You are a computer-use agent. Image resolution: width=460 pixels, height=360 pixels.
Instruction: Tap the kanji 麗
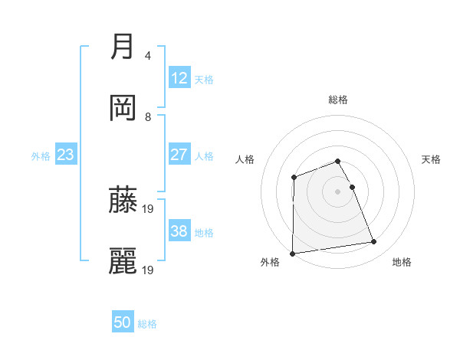[x=122, y=260]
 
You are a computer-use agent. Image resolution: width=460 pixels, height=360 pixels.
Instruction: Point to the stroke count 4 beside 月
[x=148, y=56]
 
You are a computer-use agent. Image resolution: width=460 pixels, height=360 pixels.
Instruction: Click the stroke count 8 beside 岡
[x=148, y=117]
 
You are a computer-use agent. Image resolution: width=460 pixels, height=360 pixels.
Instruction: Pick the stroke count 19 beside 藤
[x=149, y=208]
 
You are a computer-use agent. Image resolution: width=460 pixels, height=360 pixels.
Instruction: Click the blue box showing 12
[x=179, y=78]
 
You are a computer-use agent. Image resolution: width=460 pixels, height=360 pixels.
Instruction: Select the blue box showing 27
[x=179, y=155]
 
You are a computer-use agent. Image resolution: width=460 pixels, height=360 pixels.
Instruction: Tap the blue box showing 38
[x=179, y=231]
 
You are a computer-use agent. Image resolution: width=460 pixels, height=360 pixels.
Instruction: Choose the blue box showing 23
[x=65, y=155]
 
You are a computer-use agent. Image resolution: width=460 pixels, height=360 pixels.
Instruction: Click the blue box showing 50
[x=123, y=322]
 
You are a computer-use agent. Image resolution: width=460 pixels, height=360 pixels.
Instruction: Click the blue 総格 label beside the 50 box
[x=147, y=324]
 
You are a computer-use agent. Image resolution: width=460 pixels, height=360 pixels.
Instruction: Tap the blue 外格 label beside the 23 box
[x=41, y=156]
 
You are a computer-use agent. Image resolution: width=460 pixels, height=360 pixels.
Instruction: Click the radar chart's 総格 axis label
[x=338, y=100]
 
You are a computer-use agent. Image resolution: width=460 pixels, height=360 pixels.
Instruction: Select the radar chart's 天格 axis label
[x=432, y=159]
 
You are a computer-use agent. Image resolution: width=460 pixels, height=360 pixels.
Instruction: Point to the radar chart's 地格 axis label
[x=402, y=263]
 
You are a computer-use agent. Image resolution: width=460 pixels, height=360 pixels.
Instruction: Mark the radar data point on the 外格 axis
[x=292, y=254]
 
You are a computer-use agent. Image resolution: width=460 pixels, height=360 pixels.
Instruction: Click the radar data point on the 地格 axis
[x=374, y=242]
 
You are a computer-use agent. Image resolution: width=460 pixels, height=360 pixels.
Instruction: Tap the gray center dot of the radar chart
[x=338, y=191]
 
